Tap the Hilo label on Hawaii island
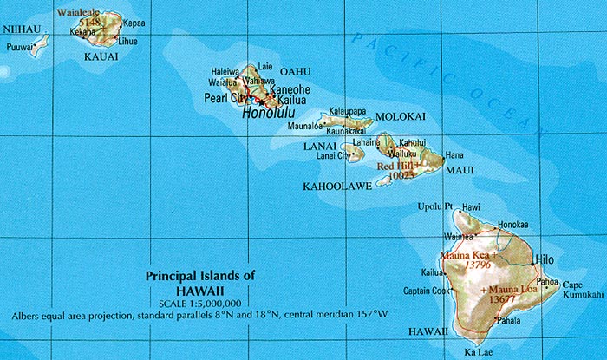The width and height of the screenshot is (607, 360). pyautogui.click(x=545, y=259)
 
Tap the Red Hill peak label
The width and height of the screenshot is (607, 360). pyautogui.click(x=398, y=164)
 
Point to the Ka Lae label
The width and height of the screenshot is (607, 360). pyautogui.click(x=479, y=352)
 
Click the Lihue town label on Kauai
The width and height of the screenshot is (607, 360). pyautogui.click(x=127, y=41)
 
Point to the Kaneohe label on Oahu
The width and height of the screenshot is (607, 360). pyautogui.click(x=290, y=89)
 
